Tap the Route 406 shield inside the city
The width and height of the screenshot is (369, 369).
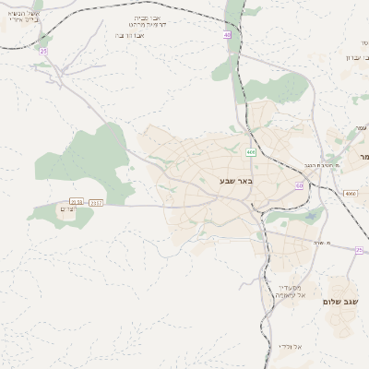click(x=251, y=151)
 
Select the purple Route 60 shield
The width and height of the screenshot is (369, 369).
click(x=299, y=184)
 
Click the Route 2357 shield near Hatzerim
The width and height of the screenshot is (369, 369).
click(x=97, y=201)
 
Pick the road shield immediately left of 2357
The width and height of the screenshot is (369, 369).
click(x=77, y=201)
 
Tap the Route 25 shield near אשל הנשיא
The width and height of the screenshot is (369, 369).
click(x=43, y=52)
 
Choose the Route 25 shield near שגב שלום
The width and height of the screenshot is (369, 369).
click(x=359, y=250)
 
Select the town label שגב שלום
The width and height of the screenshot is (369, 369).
click(x=339, y=301)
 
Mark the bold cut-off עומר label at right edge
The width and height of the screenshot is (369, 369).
click(x=363, y=156)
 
